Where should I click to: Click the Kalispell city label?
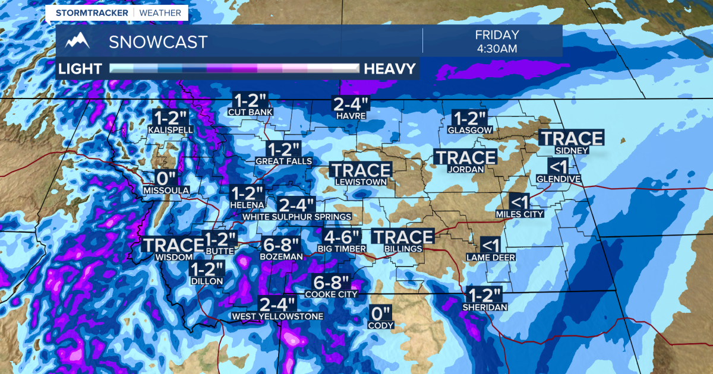(170, 129)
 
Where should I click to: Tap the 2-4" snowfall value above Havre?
(351, 103)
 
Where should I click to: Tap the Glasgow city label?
(469, 129)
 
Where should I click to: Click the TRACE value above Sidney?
(571, 138)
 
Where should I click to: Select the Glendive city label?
(558, 178)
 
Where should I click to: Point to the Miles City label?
(520, 214)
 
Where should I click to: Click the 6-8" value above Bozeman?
(281, 244)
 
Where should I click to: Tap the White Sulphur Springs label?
(296, 217)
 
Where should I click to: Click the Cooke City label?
(331, 294)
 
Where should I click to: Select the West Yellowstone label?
(277, 316)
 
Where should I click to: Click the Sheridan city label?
(485, 307)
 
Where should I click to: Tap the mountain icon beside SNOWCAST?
(78, 42)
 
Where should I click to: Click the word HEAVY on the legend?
(389, 69)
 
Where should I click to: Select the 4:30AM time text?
(497, 48)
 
